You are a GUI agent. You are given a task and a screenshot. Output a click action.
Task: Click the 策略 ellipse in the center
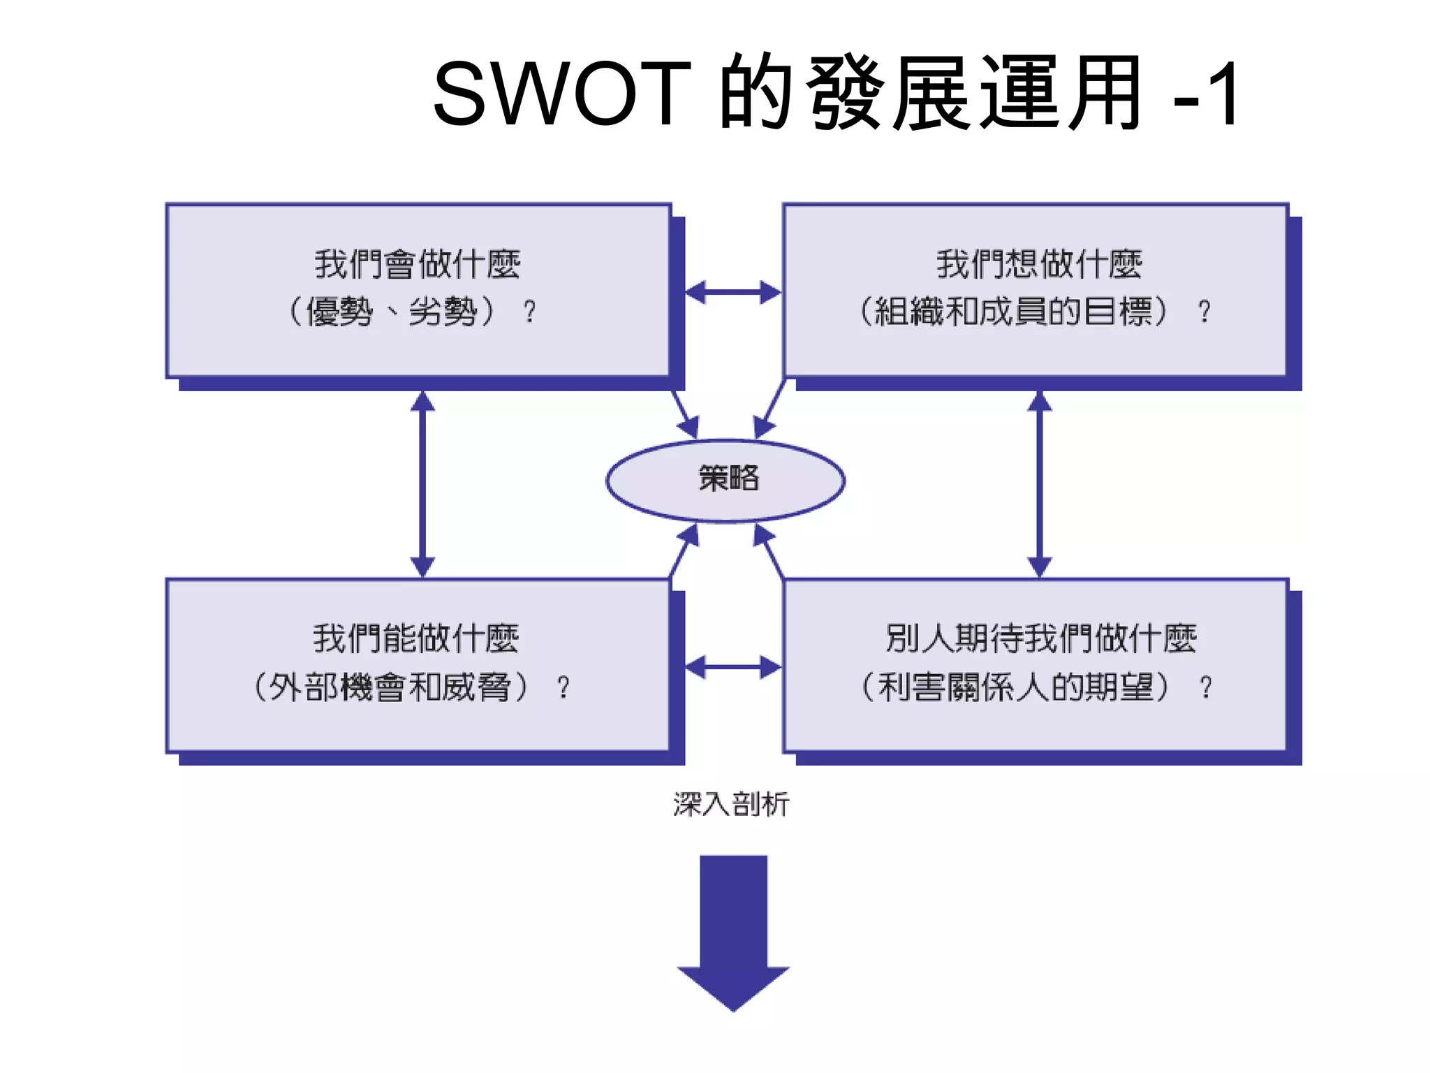click(x=725, y=480)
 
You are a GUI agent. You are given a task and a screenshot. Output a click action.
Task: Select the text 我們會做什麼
click(x=417, y=265)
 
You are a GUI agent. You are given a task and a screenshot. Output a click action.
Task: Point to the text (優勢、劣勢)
click(x=392, y=311)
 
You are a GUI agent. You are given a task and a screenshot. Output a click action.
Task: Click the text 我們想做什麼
click(x=1039, y=265)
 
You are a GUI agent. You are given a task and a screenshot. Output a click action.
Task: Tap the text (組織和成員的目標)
click(x=1013, y=311)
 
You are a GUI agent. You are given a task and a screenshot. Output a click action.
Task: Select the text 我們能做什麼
click(x=415, y=638)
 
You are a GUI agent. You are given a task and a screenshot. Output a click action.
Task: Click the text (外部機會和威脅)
click(x=391, y=687)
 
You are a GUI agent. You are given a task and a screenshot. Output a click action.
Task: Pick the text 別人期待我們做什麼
click(x=1040, y=638)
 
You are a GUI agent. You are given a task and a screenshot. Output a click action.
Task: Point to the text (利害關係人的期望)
click(x=1015, y=687)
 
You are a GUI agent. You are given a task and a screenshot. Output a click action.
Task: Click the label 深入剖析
click(x=731, y=804)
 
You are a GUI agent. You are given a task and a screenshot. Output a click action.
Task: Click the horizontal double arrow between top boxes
click(x=732, y=292)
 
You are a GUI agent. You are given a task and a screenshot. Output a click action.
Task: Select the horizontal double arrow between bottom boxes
click(x=732, y=667)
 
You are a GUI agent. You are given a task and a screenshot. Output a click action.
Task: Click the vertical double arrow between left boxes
click(x=422, y=483)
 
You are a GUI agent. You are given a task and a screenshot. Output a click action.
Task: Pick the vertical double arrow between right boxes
click(x=1040, y=483)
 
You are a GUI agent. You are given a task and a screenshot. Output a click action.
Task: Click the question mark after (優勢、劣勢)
click(x=530, y=312)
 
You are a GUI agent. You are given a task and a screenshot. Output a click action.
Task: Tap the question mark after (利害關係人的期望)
click(x=1206, y=687)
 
